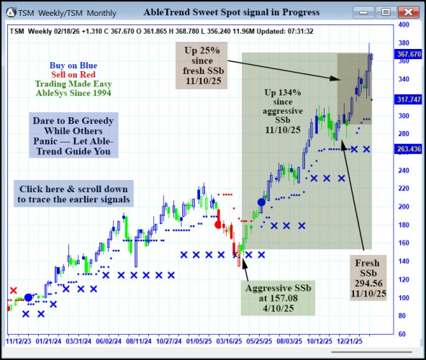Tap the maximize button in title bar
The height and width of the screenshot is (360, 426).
point(386,12)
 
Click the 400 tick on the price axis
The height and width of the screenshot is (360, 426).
point(404,24)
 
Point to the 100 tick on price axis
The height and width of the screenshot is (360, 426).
point(404,297)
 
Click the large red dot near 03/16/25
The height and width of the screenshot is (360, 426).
point(218,224)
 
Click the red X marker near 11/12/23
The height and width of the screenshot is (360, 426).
point(14,290)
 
